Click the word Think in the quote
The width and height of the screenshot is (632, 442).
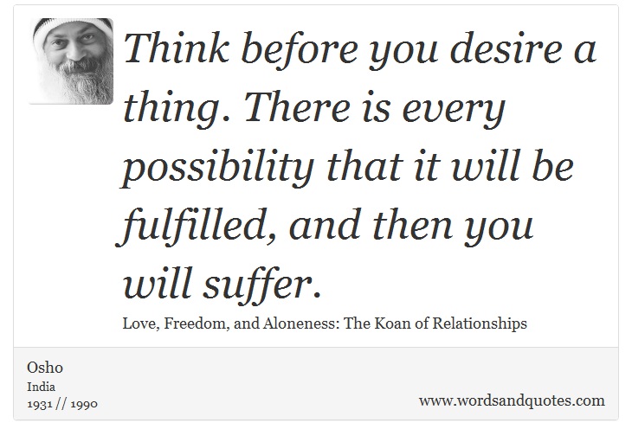pyautogui.click(x=177, y=48)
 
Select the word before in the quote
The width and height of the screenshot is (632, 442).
pyautogui.click(x=300, y=48)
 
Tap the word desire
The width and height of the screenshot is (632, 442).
pyautogui.click(x=506, y=48)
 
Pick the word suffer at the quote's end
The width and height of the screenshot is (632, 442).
pyautogui.click(x=262, y=285)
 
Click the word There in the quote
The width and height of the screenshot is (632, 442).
pyautogui.click(x=298, y=108)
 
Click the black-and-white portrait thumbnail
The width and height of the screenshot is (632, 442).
pyautogui.click(x=71, y=61)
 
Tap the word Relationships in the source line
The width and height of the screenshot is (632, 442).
pyautogui.click(x=480, y=324)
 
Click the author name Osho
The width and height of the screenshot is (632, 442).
pyautogui.click(x=45, y=368)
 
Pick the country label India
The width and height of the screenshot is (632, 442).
pyautogui.click(x=41, y=387)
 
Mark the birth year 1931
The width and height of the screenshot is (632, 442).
pyautogui.click(x=40, y=404)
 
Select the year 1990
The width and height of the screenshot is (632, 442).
pyautogui.click(x=84, y=404)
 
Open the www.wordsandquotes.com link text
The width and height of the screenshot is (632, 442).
pyautogui.click(x=512, y=401)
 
